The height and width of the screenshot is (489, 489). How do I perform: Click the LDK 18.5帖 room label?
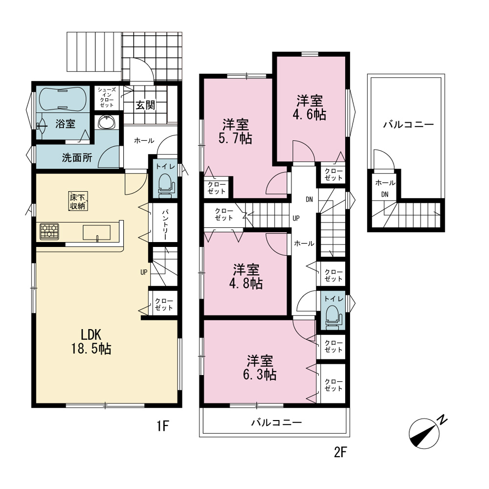pyautogui.click(x=91, y=341)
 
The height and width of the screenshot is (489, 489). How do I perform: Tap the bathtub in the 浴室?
pyautogui.click(x=63, y=99)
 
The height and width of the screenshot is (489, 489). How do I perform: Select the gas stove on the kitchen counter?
pyautogui.click(x=49, y=232)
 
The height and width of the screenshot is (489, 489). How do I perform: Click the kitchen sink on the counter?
pyautogui.click(x=96, y=233)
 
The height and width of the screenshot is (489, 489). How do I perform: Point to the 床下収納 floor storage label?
pyautogui.click(x=78, y=201)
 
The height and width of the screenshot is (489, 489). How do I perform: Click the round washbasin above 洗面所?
pyautogui.click(x=107, y=122)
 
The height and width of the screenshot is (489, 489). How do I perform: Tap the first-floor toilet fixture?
pyautogui.click(x=167, y=186)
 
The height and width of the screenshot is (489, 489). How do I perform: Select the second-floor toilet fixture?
pyautogui.click(x=333, y=317)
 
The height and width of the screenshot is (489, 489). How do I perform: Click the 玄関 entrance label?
pyautogui.click(x=145, y=105)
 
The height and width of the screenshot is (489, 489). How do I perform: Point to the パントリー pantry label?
pyautogui.click(x=165, y=224)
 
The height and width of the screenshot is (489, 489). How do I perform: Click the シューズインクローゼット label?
pyautogui.click(x=107, y=97)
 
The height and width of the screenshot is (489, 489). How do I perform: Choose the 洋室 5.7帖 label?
pyautogui.click(x=236, y=131)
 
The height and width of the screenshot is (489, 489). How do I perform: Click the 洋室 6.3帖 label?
pyautogui.click(x=260, y=367)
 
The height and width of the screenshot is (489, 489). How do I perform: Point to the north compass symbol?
pyautogui.click(x=426, y=432)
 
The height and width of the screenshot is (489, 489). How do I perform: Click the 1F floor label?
pyautogui.click(x=163, y=426)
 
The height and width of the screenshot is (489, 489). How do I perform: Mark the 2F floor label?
pyautogui.click(x=340, y=452)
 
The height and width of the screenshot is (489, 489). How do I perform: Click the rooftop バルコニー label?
pyautogui.click(x=408, y=125)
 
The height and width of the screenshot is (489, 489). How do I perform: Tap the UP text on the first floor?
pyautogui.click(x=144, y=272)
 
